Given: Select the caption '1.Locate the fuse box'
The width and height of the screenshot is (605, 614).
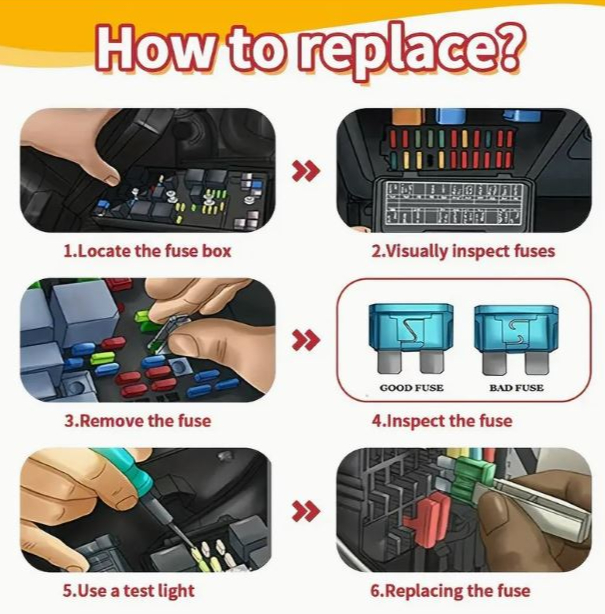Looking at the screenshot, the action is pos(147,251).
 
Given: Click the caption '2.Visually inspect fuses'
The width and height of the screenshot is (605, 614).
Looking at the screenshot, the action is pos(463,251).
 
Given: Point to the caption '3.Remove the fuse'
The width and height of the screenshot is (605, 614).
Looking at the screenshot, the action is pos(138,421).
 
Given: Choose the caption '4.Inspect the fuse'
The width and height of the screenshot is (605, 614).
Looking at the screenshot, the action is pos(442,421).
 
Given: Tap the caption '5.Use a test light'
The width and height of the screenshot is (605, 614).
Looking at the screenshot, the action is pos(128,591).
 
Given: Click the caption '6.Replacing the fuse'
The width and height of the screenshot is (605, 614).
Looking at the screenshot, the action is pos(450,591).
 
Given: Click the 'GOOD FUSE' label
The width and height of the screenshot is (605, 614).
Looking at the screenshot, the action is pos(412,388).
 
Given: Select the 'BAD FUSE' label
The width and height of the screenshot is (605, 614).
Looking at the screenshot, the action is pos(517,388).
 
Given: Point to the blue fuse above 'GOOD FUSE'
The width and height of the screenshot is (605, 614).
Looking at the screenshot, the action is pos(411,338).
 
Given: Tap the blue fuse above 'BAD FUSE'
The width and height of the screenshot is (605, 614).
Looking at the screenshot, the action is pos(516,339).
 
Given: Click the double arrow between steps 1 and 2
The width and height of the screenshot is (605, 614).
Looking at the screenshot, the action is pos(306,171).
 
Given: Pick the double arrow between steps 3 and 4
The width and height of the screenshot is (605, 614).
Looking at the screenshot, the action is pos(306,340).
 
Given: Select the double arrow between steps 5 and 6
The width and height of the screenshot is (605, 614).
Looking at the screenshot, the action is pos(306,511).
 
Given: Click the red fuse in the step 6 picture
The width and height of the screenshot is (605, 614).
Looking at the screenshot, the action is pos(428,519).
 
